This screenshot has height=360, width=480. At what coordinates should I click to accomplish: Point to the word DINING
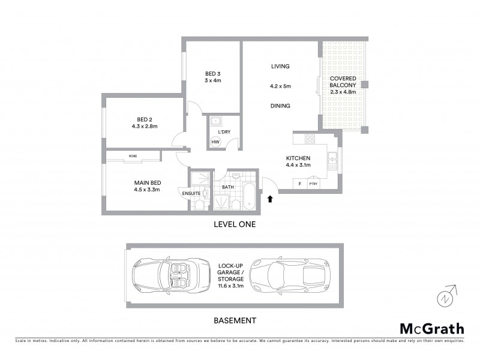[280, 106]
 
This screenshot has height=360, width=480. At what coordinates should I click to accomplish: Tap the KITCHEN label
[298, 159]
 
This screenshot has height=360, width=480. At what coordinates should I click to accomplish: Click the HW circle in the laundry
[215, 142]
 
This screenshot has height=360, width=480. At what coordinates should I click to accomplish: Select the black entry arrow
[270, 198]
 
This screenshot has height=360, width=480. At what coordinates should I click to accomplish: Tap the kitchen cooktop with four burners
[310, 139]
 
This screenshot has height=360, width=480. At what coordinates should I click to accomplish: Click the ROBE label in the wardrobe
[133, 155]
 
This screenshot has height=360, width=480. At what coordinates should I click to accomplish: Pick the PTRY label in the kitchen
[313, 184]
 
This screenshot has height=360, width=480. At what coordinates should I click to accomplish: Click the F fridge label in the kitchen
[298, 184]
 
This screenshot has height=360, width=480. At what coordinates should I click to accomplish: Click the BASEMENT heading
[235, 320]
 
